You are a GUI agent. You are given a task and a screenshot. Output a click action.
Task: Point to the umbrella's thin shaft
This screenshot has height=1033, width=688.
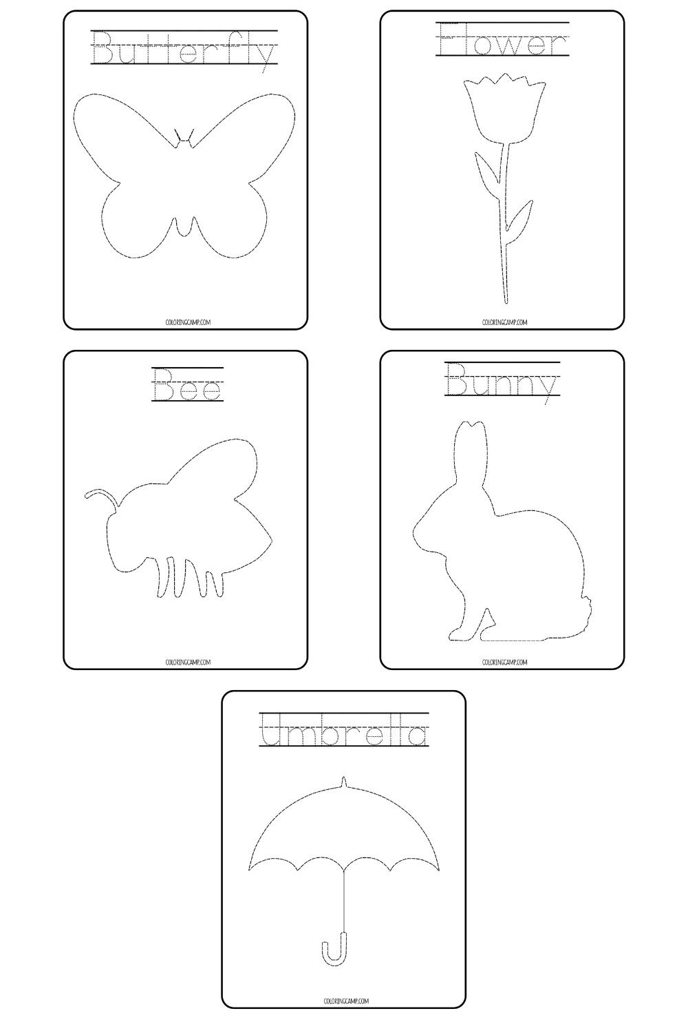click(x=343, y=895)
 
